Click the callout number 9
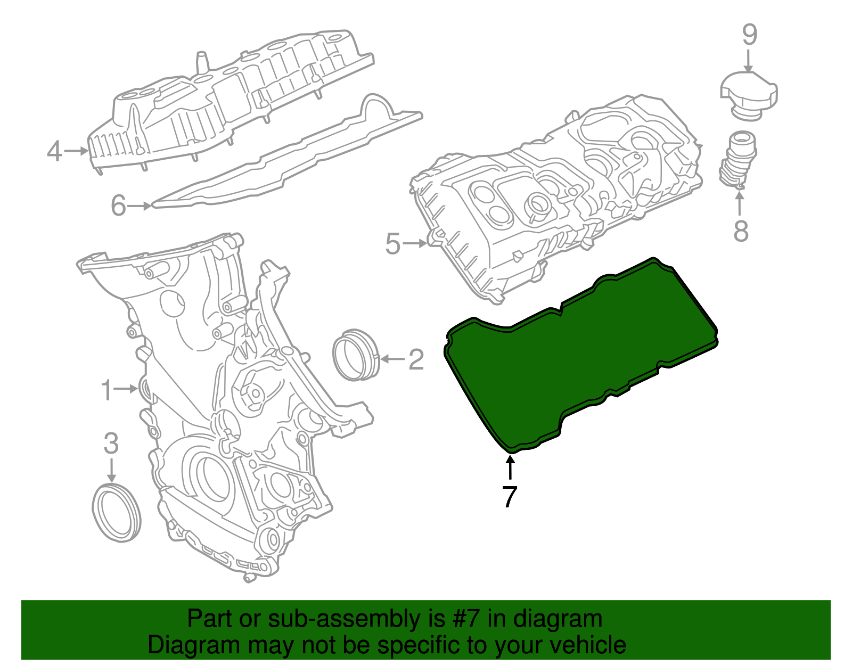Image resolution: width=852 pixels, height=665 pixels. pyautogui.click(x=750, y=35)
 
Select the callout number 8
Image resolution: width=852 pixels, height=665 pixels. pyautogui.click(x=741, y=231)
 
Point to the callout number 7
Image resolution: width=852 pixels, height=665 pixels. pyautogui.click(x=510, y=497)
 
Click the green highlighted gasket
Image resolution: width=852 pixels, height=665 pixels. pyautogui.click(x=580, y=351)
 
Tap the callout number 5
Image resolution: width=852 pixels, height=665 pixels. pyautogui.click(x=392, y=244)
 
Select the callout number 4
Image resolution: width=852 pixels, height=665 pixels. pyautogui.click(x=55, y=151)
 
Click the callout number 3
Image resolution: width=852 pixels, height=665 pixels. pyautogui.click(x=111, y=443)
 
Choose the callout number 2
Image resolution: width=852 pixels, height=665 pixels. pyautogui.click(x=416, y=359)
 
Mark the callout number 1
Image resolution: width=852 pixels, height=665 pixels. pyautogui.click(x=107, y=390)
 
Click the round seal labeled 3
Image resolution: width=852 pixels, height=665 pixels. pyautogui.click(x=117, y=512)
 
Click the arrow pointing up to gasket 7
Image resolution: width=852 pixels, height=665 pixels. pyautogui.click(x=510, y=469)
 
